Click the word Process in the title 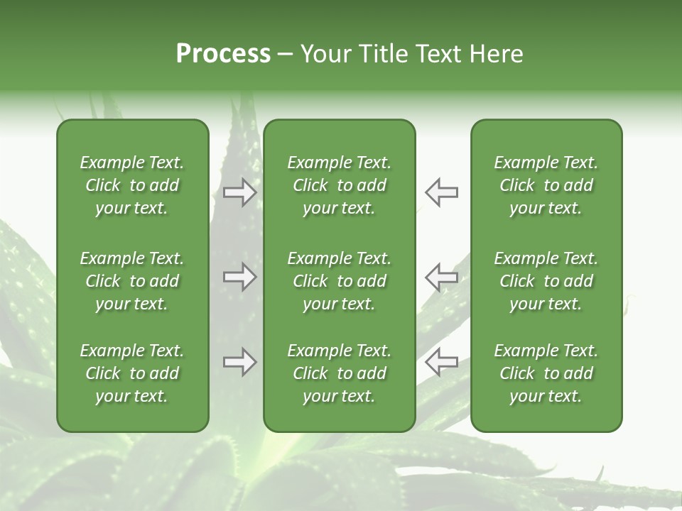(x=223, y=54)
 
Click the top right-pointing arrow (x=240, y=192)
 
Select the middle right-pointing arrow (x=240, y=277)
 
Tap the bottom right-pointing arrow (x=240, y=362)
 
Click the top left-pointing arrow (x=441, y=192)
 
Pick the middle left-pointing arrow (x=441, y=277)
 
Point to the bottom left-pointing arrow (x=441, y=362)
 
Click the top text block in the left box (x=132, y=185)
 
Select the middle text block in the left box (x=132, y=281)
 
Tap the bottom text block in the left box (x=132, y=373)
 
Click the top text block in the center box (x=339, y=185)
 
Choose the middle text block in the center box (x=339, y=281)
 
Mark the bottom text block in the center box (x=339, y=373)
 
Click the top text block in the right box (x=546, y=185)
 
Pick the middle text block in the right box (x=546, y=281)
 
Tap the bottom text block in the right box (x=546, y=373)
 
